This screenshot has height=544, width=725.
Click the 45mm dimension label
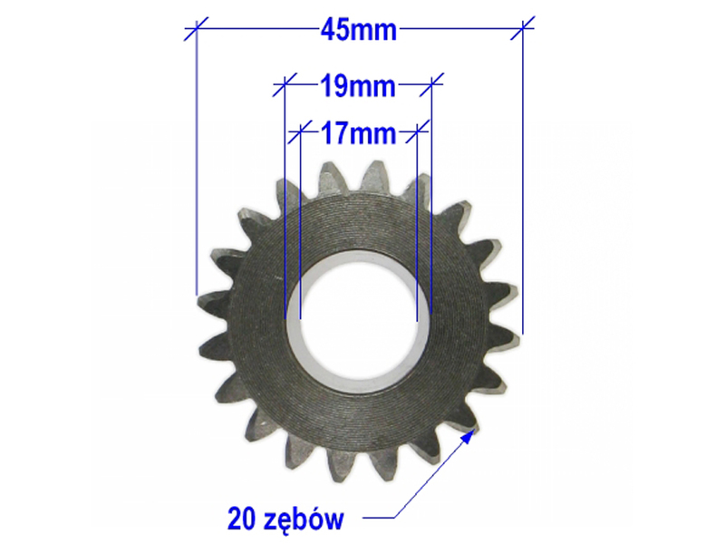tap(359, 30)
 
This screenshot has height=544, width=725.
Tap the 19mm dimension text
tap(358, 86)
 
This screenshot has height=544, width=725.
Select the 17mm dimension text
tap(359, 133)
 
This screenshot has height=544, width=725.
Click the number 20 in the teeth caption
tap(241, 519)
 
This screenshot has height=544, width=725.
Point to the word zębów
tap(304, 520)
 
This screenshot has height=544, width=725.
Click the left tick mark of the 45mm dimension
tap(196, 29)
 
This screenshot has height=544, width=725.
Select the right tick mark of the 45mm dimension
tap(523, 28)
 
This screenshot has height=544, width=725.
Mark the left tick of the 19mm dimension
tap(285, 84)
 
